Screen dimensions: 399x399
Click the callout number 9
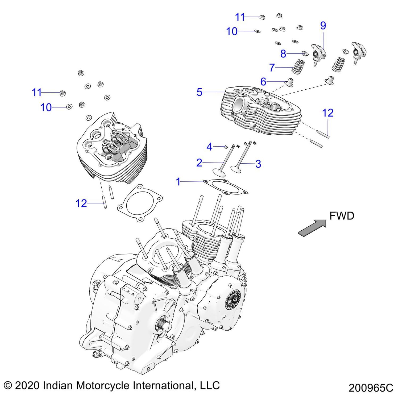pyautogui.click(x=323, y=26)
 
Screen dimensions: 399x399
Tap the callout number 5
pyautogui.click(x=199, y=92)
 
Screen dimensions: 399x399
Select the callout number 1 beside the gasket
pyautogui.click(x=178, y=182)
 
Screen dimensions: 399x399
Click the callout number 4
pyautogui.click(x=209, y=147)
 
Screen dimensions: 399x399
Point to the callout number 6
pyautogui.click(x=263, y=82)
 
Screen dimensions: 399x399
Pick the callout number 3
pyautogui.click(x=258, y=164)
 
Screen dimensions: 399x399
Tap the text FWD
pyautogui.click(x=342, y=216)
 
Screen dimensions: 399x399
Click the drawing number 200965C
pyautogui.click(x=371, y=388)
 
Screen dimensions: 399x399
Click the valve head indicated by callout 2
pyautogui.click(x=219, y=172)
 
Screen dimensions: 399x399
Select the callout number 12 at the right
pyautogui.click(x=328, y=113)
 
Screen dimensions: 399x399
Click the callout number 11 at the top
pyautogui.click(x=240, y=17)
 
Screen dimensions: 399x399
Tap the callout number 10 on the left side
pyautogui.click(x=46, y=107)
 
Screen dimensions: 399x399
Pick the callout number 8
pyautogui.click(x=283, y=54)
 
